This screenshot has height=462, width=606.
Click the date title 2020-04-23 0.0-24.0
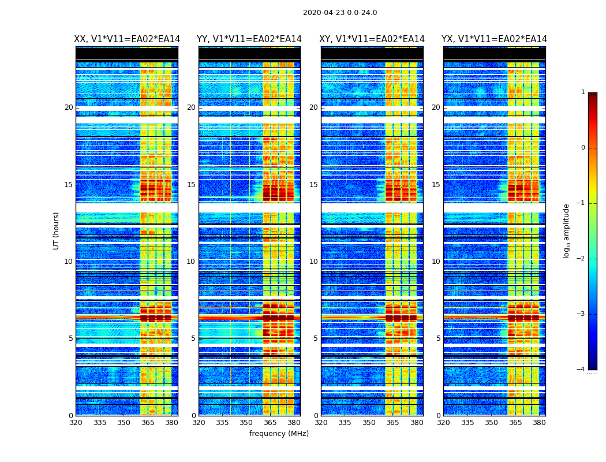(x=340, y=13)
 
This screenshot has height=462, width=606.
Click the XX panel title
(x=127, y=39)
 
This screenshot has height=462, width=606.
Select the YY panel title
(x=249, y=39)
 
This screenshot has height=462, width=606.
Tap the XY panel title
(x=372, y=39)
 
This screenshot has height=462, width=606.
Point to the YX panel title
(x=495, y=39)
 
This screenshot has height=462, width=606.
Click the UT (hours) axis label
(x=57, y=230)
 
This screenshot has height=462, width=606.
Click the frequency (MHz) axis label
(x=279, y=434)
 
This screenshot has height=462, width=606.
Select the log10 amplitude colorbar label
(x=567, y=230)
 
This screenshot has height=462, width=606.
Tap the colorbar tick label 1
(x=583, y=92)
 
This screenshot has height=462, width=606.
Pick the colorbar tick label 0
(x=583, y=148)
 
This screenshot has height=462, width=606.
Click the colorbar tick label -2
(x=582, y=259)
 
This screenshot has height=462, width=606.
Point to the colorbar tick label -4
(x=582, y=370)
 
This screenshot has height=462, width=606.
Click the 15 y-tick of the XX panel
(x=69, y=185)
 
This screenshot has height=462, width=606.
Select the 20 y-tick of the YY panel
(x=191, y=107)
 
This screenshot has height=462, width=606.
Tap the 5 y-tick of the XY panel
(x=316, y=338)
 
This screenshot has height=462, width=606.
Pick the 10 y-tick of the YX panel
(x=436, y=262)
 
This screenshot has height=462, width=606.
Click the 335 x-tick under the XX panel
(x=100, y=423)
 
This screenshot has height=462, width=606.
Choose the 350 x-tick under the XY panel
(x=369, y=423)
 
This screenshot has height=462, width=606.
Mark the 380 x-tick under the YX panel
(x=539, y=423)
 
